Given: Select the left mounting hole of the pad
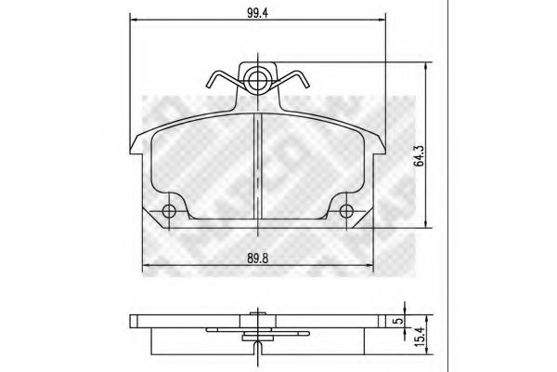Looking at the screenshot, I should [x=169, y=211].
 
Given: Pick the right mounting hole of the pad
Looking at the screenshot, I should [x=348, y=211].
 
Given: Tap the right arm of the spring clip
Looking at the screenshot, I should [x=297, y=84].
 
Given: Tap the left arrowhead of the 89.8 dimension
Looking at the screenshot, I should [x=143, y=272].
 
